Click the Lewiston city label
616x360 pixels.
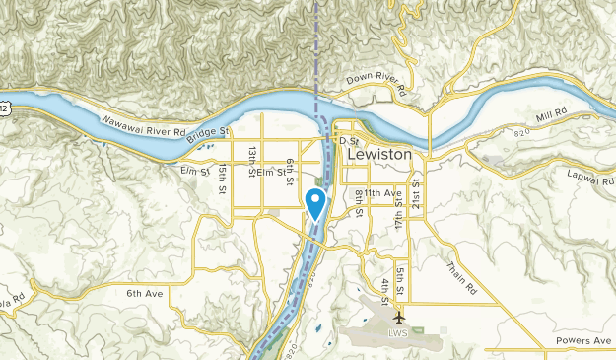tap(388, 155)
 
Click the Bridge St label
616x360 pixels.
tap(207, 135)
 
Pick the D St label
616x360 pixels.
tap(345, 142)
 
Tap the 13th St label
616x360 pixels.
tap(253, 159)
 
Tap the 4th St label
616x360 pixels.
tap(385, 293)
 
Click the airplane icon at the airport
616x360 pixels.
tap(398, 318)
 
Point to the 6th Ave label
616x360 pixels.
tap(145, 293)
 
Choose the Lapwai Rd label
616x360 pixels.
tap(590, 170)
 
